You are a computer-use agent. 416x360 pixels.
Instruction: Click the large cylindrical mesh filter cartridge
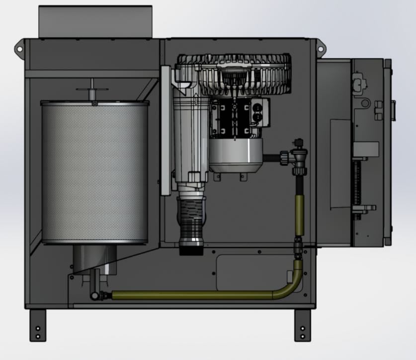94,171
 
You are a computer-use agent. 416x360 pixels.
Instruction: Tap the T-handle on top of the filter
92,90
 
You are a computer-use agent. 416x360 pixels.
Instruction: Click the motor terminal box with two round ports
259,112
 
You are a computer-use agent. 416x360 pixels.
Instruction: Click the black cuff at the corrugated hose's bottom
191,248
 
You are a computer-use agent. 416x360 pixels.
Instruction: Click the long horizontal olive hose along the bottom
194,295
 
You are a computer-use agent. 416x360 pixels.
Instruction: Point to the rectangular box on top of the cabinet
95,22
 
